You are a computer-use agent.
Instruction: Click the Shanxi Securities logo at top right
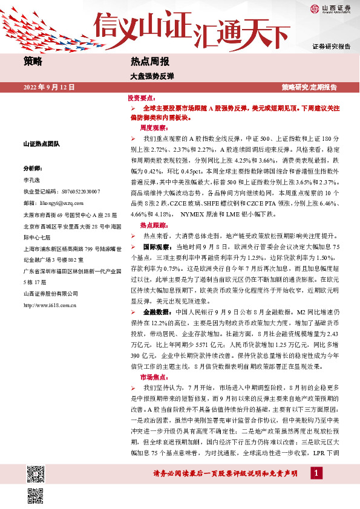point(332,8)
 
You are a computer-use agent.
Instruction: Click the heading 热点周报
point(149,61)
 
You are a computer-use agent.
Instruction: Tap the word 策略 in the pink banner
point(33,61)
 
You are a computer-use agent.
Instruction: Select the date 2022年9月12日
point(49,87)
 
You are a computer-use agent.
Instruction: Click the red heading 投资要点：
point(142,97)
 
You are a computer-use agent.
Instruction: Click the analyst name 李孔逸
point(31,180)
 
